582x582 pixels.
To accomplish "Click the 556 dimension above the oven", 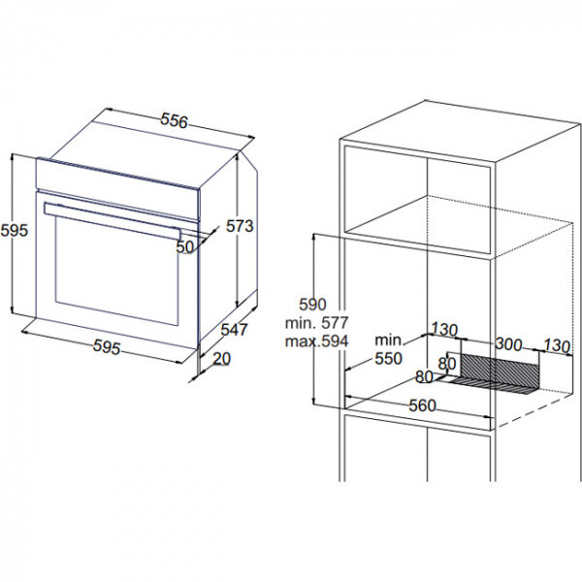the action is pyautogui.click(x=174, y=121).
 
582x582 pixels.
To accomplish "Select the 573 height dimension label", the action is pyautogui.click(x=240, y=226).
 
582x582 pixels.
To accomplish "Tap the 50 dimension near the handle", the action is pyautogui.click(x=185, y=246).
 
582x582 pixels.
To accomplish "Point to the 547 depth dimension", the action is pyautogui.click(x=234, y=330).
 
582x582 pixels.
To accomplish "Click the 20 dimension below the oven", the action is pyautogui.click(x=222, y=359).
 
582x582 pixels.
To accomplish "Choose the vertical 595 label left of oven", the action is pyautogui.click(x=15, y=231).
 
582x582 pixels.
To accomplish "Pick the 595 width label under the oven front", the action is pyautogui.click(x=107, y=347).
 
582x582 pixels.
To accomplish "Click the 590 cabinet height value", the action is pyautogui.click(x=313, y=305).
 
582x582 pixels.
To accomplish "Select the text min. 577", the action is pyautogui.click(x=316, y=323).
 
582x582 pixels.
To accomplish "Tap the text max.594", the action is pyautogui.click(x=316, y=341).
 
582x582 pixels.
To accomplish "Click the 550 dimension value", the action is pyautogui.click(x=389, y=359).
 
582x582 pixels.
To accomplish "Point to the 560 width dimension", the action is pyautogui.click(x=422, y=405).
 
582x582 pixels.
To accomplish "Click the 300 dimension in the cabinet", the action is pyautogui.click(x=508, y=344).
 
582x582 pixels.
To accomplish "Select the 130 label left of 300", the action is pyautogui.click(x=444, y=330).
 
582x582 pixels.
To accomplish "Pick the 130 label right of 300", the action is pyautogui.click(x=557, y=346).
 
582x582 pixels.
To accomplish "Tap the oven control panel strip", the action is pyautogui.click(x=118, y=189).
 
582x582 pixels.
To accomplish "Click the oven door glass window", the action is pyautogui.click(x=116, y=271).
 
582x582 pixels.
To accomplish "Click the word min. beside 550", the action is pyautogui.click(x=389, y=340).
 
